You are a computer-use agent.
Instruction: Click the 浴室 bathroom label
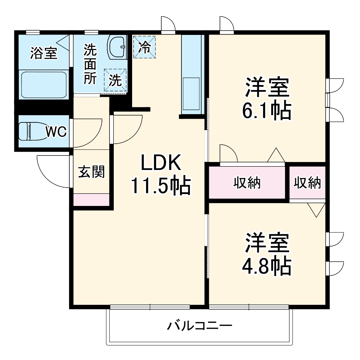pyautogui.click(x=44, y=53)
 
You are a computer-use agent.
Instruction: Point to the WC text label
pyautogui.click(x=56, y=132)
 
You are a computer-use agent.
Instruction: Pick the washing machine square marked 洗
pyautogui.click(x=115, y=80)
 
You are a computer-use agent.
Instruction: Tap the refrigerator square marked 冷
pyautogui.click(x=144, y=46)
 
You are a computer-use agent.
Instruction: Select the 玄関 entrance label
pyautogui.click(x=91, y=172)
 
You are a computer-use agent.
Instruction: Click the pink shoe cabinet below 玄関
pyautogui.click(x=91, y=199)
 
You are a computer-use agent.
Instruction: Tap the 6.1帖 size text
pyautogui.click(x=267, y=111)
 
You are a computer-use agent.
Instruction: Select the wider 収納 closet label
pyautogui.click(x=247, y=183)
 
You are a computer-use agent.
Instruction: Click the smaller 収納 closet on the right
pyautogui.click(x=307, y=183)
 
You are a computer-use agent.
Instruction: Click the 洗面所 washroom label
pyautogui.click(x=90, y=64)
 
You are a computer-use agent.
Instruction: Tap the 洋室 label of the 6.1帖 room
pyautogui.click(x=267, y=87)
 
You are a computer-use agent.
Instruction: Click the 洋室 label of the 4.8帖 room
pyautogui.click(x=267, y=244)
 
